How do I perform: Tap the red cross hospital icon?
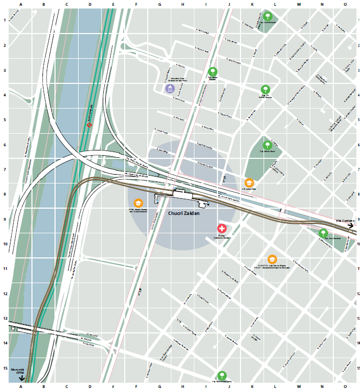222,229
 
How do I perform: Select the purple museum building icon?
170,89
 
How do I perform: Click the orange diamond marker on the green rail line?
90,125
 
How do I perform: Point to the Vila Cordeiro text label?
345,220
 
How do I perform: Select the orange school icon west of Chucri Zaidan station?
138,203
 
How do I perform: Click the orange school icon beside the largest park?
249,182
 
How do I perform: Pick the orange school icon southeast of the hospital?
272,259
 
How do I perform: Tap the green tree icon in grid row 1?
268,16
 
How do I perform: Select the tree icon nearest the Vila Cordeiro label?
323,232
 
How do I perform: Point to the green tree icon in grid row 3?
212,72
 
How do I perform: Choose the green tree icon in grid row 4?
266,90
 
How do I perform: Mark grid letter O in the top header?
345,5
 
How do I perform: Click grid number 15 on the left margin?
5,368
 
